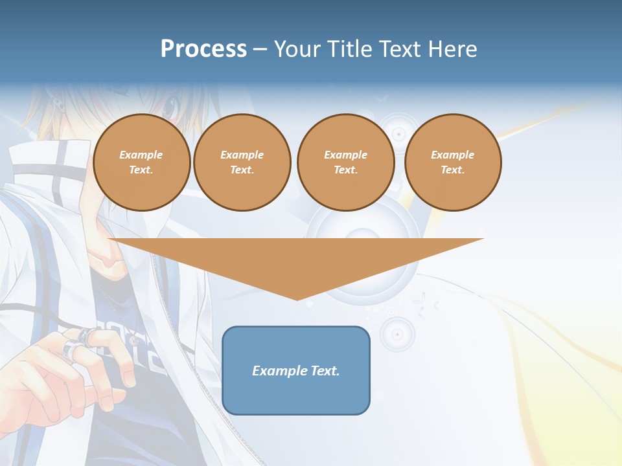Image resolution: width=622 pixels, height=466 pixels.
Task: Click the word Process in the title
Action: tap(203, 49)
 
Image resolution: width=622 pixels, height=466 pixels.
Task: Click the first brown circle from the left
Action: tap(142, 162)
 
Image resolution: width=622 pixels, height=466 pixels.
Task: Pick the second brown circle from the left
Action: tap(242, 162)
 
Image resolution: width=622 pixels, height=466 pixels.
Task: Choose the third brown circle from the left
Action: tap(346, 162)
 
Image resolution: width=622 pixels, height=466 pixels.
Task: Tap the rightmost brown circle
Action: tap(453, 162)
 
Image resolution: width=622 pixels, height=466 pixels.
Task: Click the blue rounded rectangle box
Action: tap(296, 370)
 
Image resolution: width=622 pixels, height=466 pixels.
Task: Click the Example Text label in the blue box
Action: tap(296, 371)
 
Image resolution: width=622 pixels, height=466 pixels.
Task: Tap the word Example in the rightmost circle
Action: tap(453, 155)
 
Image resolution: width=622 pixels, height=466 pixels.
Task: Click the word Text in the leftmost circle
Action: tap(141, 170)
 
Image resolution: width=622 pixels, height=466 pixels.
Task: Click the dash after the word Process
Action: tap(260, 49)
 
